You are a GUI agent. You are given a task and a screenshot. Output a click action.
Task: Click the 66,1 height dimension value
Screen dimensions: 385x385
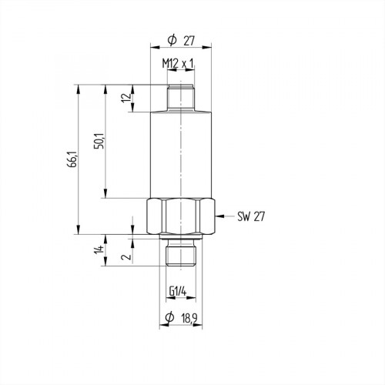72,159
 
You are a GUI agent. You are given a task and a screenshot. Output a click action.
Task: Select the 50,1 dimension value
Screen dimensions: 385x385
99,142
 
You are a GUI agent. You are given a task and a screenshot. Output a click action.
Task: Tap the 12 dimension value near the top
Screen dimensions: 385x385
126,98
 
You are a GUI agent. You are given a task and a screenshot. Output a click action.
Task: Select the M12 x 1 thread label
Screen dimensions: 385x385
178,63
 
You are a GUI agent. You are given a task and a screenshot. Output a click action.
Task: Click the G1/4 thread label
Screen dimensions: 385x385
179,291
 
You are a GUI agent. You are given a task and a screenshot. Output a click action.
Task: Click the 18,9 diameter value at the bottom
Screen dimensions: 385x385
189,319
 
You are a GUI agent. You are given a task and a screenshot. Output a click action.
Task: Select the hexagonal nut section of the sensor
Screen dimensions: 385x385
179,218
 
